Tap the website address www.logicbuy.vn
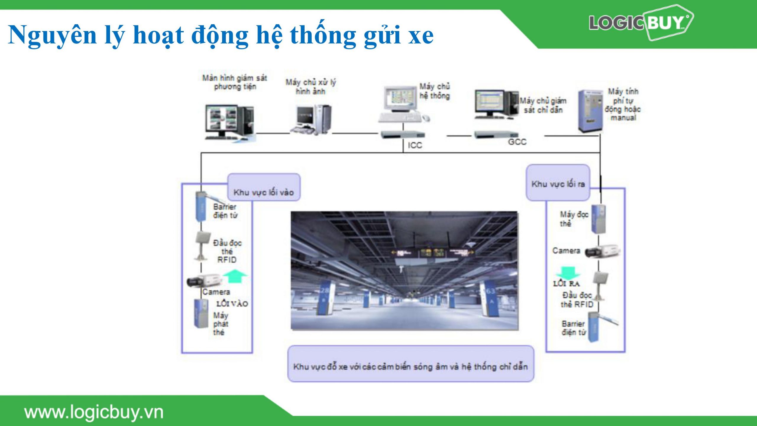[94, 412]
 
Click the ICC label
[415, 145]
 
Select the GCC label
[517, 142]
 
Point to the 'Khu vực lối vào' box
[264, 187]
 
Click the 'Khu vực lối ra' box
[558, 183]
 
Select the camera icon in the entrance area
[204, 280]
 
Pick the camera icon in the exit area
[602, 251]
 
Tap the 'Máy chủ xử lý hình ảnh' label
[311, 86]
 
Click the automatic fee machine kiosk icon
[590, 111]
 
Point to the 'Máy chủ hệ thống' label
[435, 91]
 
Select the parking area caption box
[411, 364]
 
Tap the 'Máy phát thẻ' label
[221, 324]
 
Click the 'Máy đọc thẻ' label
[574, 219]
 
